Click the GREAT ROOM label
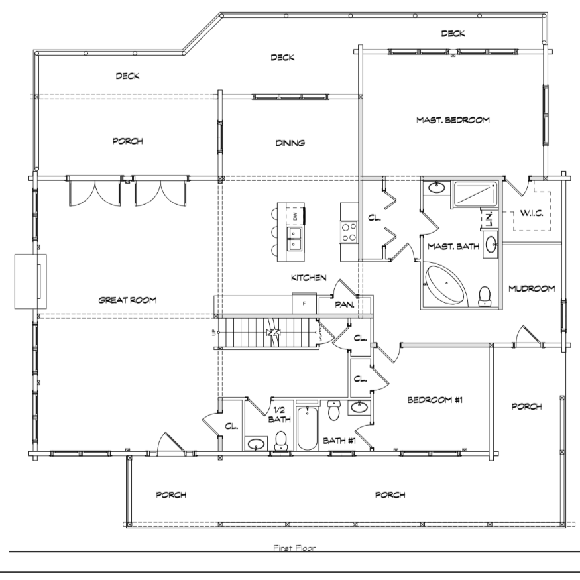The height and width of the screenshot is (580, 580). (128, 300)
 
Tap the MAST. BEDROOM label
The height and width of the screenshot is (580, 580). (453, 120)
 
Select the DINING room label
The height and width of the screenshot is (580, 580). (290, 143)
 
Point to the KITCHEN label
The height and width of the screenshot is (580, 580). (309, 278)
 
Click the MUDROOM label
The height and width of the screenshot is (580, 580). (532, 288)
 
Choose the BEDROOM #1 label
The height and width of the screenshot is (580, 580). (435, 400)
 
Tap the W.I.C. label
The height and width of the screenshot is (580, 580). (532, 213)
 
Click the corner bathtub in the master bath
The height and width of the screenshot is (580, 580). (445, 284)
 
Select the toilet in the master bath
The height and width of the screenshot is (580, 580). (484, 296)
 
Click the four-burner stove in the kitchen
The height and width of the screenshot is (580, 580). (349, 232)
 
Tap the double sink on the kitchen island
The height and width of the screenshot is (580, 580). (295, 239)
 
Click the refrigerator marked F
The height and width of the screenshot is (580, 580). (304, 304)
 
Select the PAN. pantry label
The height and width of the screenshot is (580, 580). (345, 304)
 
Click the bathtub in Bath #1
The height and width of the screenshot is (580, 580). (307, 428)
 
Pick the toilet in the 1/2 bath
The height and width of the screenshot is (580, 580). (281, 441)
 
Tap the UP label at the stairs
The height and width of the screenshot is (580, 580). (213, 333)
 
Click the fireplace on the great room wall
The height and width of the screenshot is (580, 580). (30, 281)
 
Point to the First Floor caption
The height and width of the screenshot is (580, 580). (294, 548)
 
